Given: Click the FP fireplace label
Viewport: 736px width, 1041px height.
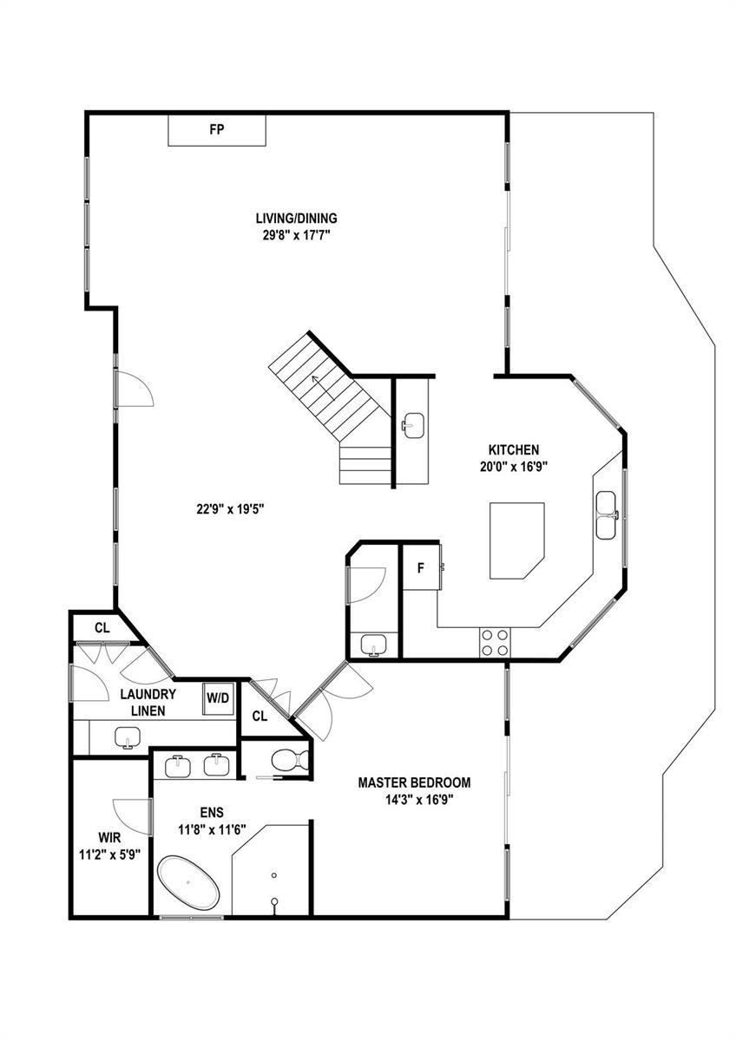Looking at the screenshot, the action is [x=217, y=129].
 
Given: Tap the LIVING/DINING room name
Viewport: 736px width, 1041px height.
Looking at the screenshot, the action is [x=297, y=218].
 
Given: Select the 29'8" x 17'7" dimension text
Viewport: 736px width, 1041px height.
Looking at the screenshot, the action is [x=296, y=235].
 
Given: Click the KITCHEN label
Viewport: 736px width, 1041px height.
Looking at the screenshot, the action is [x=514, y=449].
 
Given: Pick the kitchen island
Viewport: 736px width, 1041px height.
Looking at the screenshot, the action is [x=516, y=540].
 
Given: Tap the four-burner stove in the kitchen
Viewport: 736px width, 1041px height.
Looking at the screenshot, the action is [x=495, y=643].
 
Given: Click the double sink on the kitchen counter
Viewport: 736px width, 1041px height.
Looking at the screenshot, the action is [x=607, y=515].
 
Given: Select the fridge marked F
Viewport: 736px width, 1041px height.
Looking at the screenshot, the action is [x=421, y=567].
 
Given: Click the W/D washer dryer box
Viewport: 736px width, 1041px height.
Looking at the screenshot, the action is [x=219, y=698].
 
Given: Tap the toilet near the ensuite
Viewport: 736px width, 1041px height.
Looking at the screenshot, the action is [x=289, y=760].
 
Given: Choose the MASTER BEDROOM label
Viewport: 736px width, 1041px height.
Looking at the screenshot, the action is [x=414, y=782].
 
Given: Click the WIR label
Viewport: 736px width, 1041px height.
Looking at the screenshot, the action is [x=109, y=837].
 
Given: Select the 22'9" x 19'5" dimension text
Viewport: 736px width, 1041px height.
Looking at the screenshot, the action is [x=230, y=509].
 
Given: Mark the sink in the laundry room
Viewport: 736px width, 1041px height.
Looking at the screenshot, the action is [x=128, y=737].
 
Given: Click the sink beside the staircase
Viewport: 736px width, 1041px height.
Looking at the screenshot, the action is [x=413, y=425].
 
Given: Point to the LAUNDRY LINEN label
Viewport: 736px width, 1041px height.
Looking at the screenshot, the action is [x=148, y=702].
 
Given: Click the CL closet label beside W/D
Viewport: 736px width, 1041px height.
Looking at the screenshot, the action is [x=260, y=717].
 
